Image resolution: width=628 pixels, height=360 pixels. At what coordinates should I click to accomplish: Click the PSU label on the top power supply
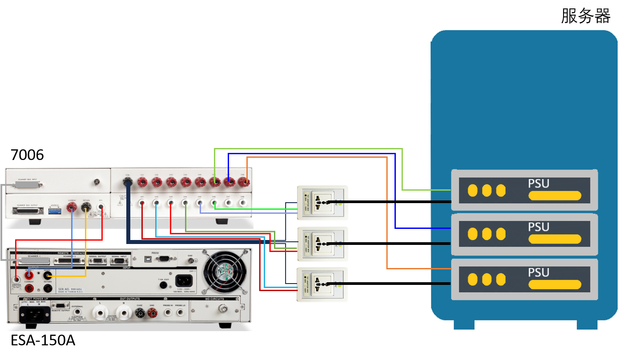coord(539,184)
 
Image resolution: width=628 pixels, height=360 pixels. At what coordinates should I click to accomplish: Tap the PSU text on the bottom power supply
coord(539,272)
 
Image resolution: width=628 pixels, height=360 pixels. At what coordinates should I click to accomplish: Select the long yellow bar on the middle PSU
coord(555,239)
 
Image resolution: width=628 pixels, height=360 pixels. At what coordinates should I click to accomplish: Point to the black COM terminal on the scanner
coord(128,181)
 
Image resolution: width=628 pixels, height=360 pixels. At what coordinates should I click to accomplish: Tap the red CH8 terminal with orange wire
coord(244,181)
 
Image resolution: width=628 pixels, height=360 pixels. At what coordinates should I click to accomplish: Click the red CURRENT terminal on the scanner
coord(72,207)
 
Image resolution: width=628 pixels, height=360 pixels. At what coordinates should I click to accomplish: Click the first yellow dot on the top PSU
coord(472,191)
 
